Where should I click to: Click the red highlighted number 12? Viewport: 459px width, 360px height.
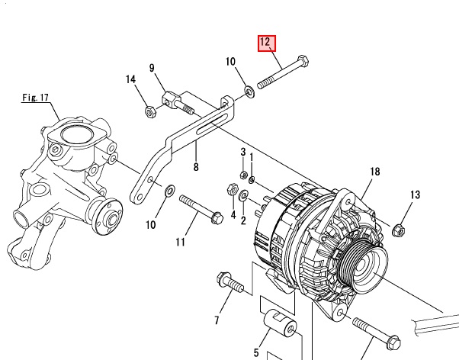click(266, 43)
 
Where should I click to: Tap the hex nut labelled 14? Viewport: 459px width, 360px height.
click(150, 113)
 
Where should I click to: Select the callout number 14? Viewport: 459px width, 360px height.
click(130, 79)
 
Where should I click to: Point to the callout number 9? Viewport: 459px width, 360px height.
click(152, 69)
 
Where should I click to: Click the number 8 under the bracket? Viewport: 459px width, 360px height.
click(196, 167)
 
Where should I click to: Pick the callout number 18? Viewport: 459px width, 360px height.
click(374, 172)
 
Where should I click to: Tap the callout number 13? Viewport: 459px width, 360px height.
click(416, 196)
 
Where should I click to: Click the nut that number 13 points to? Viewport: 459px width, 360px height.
click(398, 228)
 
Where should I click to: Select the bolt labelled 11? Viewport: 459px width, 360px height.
click(201, 207)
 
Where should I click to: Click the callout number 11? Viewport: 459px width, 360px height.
click(181, 243)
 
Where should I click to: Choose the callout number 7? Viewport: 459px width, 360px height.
click(217, 319)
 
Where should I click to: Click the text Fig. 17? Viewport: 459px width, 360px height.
click(35, 98)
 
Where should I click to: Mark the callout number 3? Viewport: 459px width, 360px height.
click(243, 152)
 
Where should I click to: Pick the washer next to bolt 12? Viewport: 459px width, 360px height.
click(249, 92)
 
